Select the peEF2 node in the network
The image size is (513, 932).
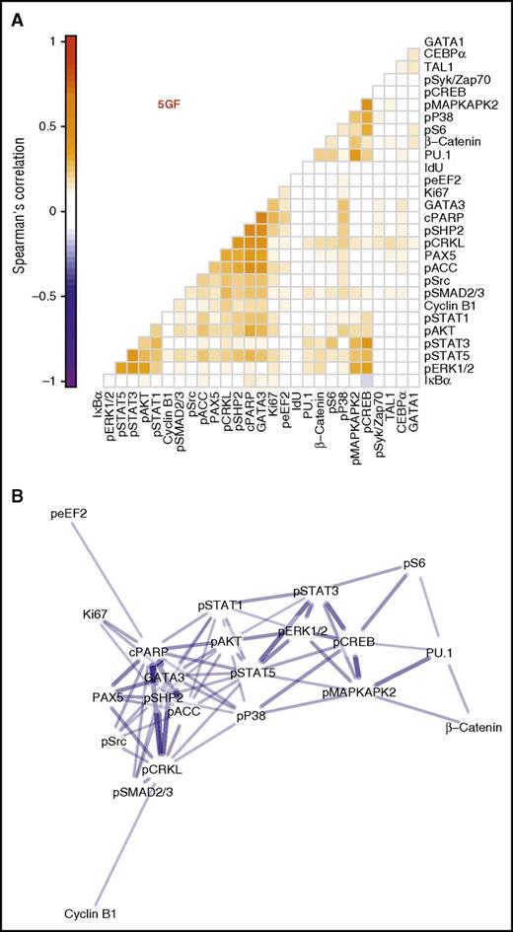[76, 513]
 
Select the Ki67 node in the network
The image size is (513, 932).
[98, 614]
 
